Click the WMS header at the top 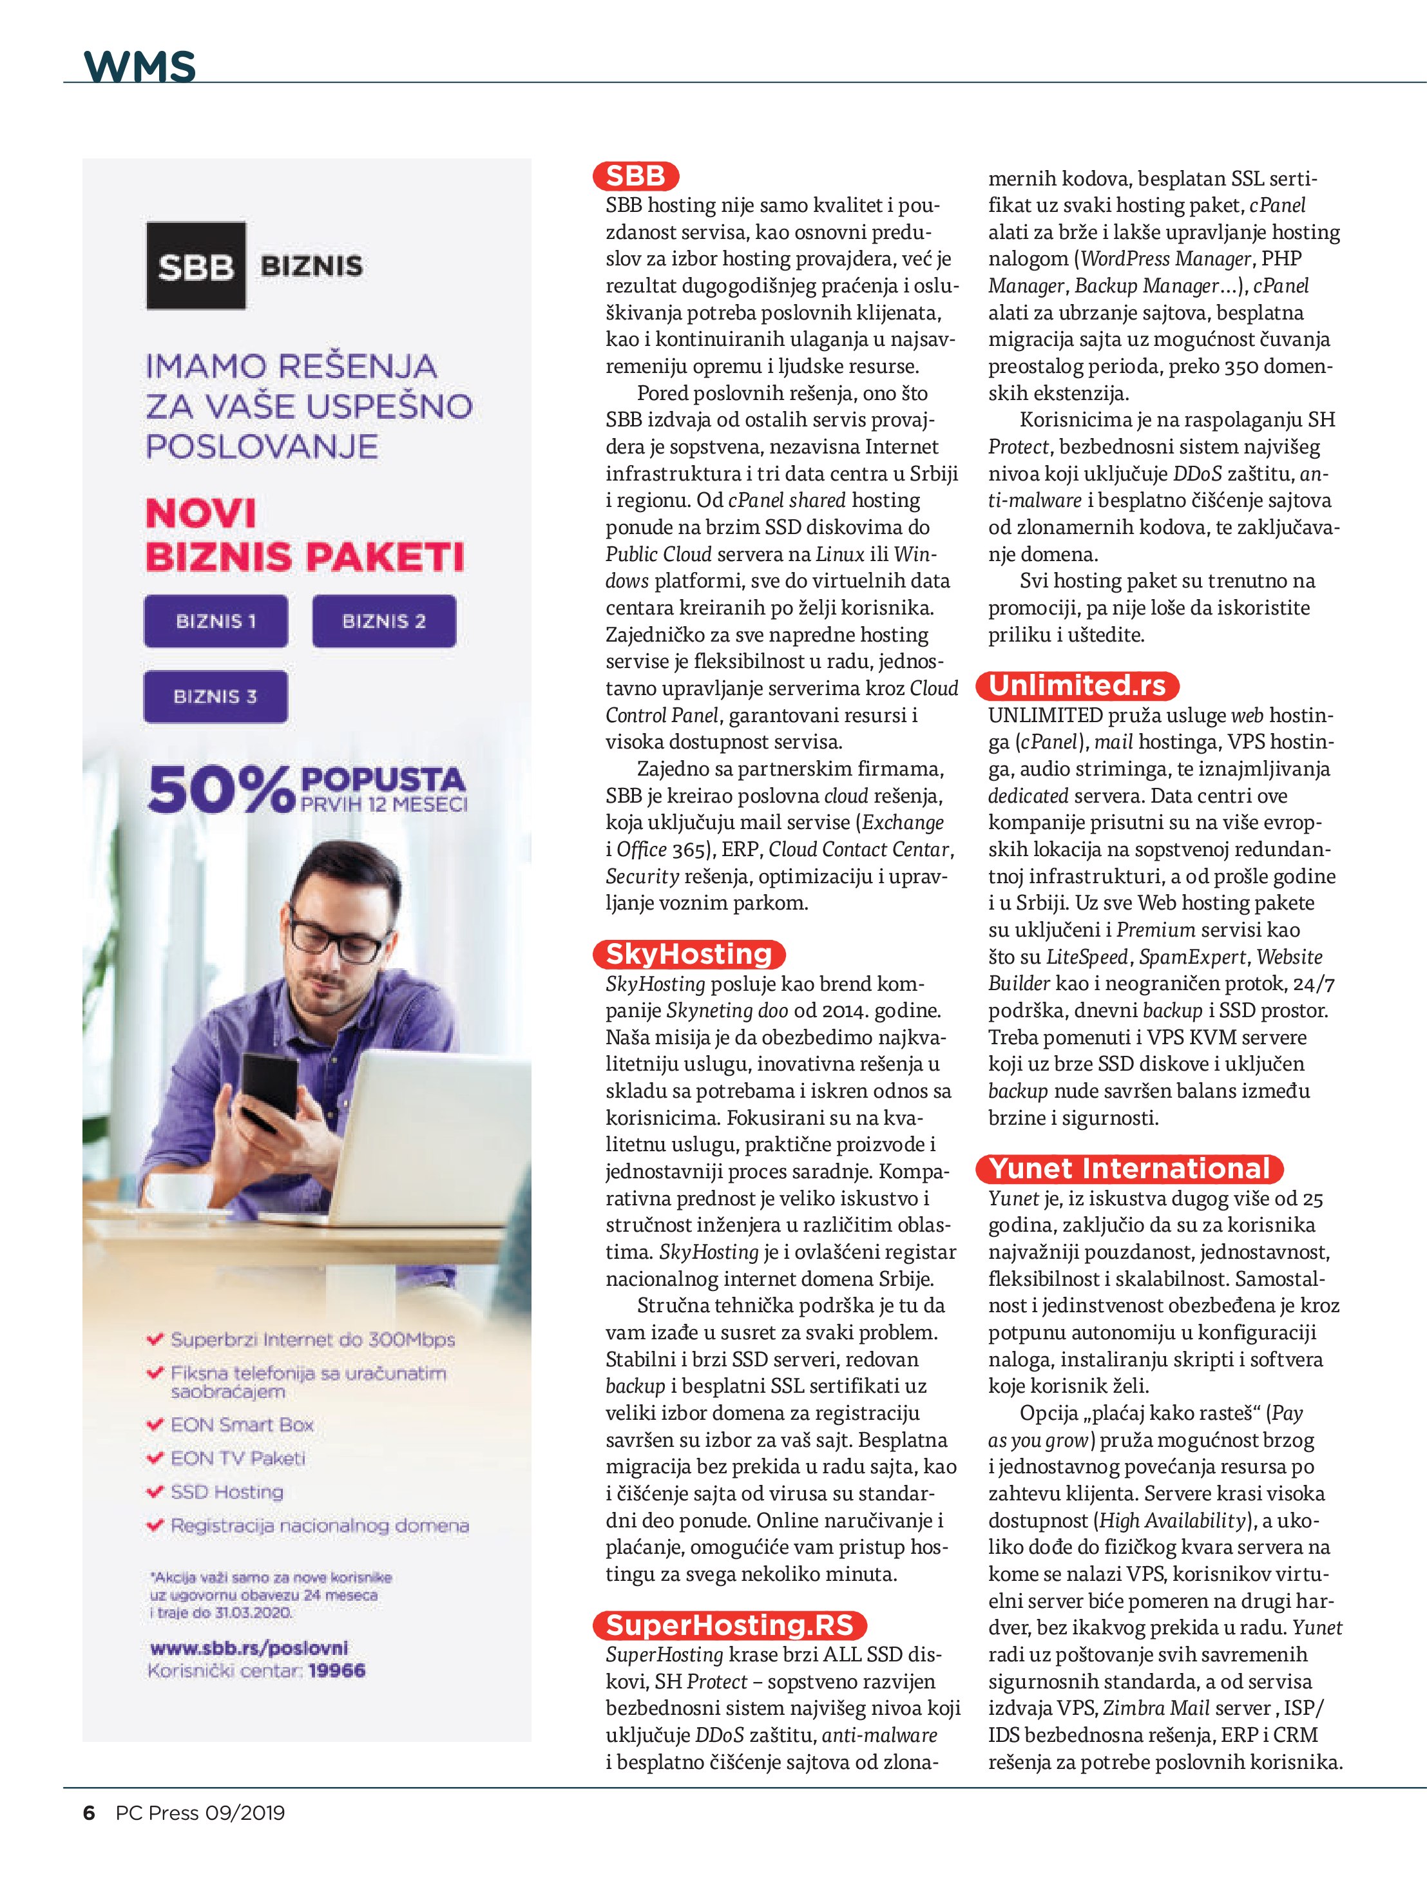coord(140,66)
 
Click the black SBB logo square coord(196,265)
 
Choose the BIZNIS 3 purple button coord(215,696)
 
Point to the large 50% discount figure coord(220,790)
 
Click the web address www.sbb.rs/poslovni coord(249,1647)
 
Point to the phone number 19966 coord(336,1670)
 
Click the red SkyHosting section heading coord(688,953)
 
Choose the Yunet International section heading coord(1130,1169)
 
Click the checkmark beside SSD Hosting coord(155,1491)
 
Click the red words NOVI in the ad coord(201,513)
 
